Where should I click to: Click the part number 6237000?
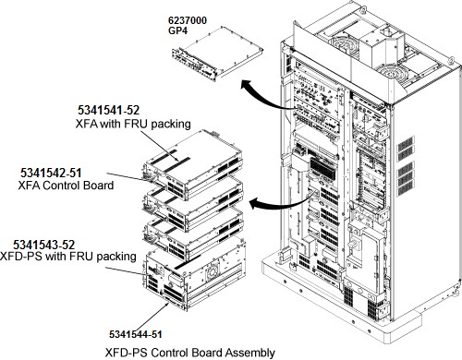tap(188, 20)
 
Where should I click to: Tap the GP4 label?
tap(177, 30)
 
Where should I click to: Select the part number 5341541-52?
tap(108, 110)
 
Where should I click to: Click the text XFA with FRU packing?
tap(133, 124)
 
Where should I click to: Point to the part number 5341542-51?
tap(51, 173)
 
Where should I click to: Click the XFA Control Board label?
tap(66, 186)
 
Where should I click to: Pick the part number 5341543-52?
tap(43, 245)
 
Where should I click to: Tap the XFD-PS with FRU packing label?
tap(68, 257)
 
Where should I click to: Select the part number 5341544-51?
tap(136, 334)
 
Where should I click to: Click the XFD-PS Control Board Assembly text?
tap(190, 353)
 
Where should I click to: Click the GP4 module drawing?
tap(217, 54)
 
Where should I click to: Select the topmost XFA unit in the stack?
tap(193, 164)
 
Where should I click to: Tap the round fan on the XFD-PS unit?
tap(213, 272)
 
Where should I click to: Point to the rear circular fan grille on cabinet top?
tap(344, 45)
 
